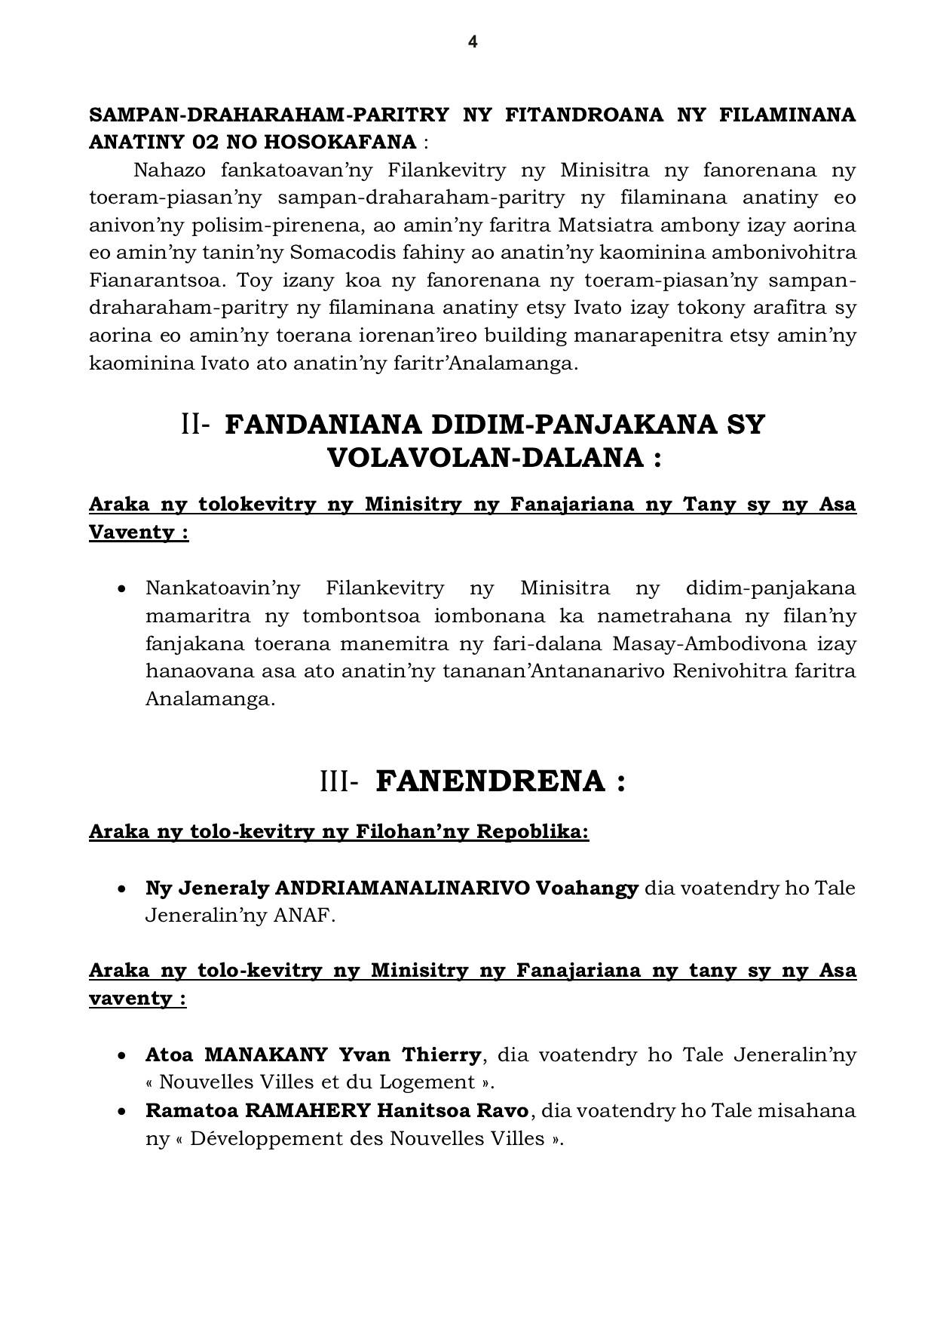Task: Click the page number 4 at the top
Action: [473, 42]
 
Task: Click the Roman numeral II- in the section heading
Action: [194, 425]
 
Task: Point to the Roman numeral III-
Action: [338, 781]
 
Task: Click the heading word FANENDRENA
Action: [490, 781]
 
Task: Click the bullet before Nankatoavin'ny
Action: [122, 588]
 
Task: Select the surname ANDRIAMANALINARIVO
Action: [403, 888]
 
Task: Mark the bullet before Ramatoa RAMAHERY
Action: [122, 1111]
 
